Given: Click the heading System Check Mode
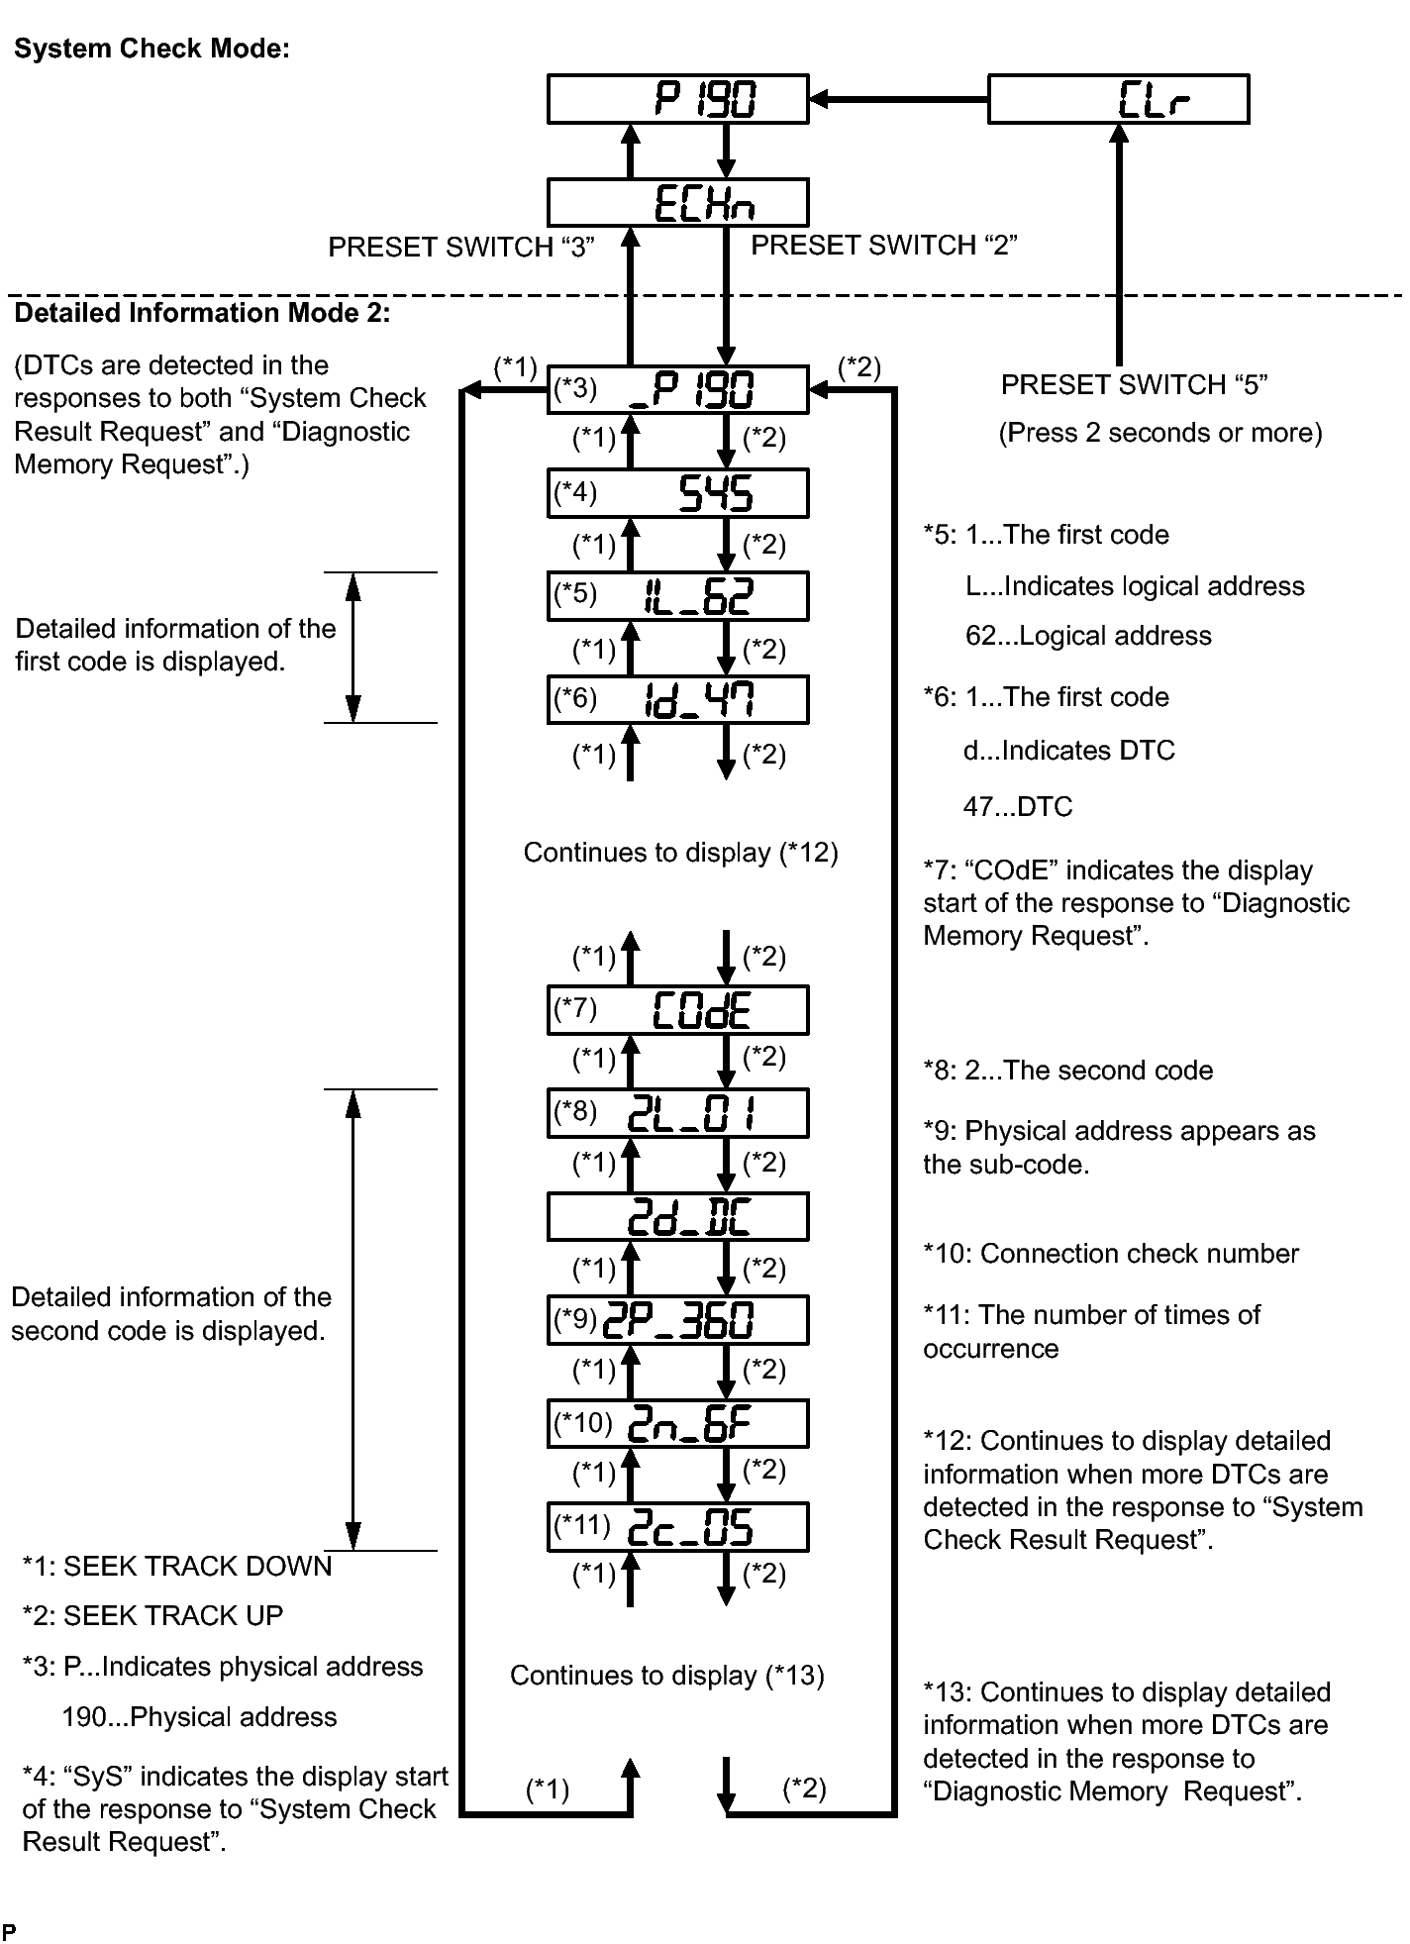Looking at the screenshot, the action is coord(152,50).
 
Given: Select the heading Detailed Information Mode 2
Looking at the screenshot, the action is coord(203,313).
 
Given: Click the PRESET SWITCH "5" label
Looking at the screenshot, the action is coord(1135,384).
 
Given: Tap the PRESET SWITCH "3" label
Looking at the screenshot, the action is coord(461,247).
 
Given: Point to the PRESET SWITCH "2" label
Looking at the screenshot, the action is coord(884,245).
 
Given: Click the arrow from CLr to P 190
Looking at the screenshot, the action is coord(899,99).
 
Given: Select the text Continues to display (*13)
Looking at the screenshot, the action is coord(667,1676).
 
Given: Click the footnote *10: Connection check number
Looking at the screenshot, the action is coord(1111,1254).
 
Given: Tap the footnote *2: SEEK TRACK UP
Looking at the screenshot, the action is coord(152,1616).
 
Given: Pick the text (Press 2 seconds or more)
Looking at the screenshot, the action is coord(1160,433).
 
